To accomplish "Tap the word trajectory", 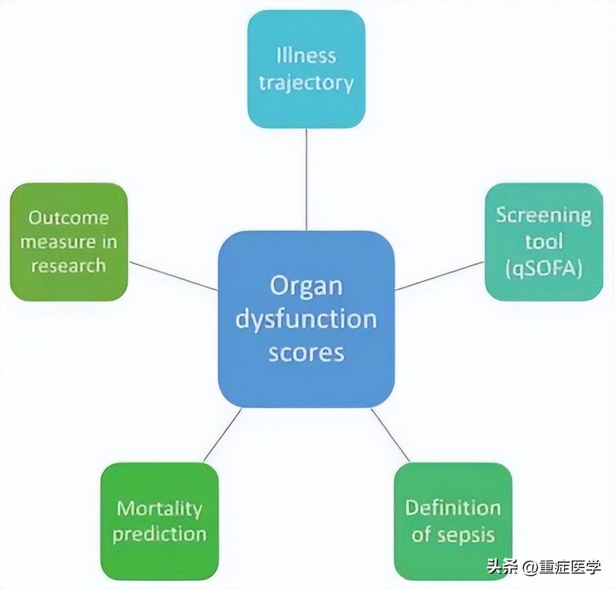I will [x=306, y=83].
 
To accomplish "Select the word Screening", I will [x=544, y=216].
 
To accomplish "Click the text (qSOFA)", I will [x=544, y=268].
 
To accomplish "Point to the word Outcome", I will [x=69, y=218].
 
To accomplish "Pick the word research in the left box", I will [x=69, y=266].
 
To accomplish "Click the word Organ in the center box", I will [x=306, y=286].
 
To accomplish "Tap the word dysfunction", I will [x=306, y=319].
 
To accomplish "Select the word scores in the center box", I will [x=306, y=352].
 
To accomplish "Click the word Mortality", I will [x=159, y=508].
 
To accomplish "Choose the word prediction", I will [x=159, y=535].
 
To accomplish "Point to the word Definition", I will [x=453, y=508].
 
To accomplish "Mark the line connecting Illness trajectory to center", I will [x=306, y=178].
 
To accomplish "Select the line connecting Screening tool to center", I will [x=440, y=276].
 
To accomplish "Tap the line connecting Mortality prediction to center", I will [x=222, y=435].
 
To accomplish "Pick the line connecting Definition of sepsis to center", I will [x=390, y=435].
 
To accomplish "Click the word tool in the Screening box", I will [x=544, y=241].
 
